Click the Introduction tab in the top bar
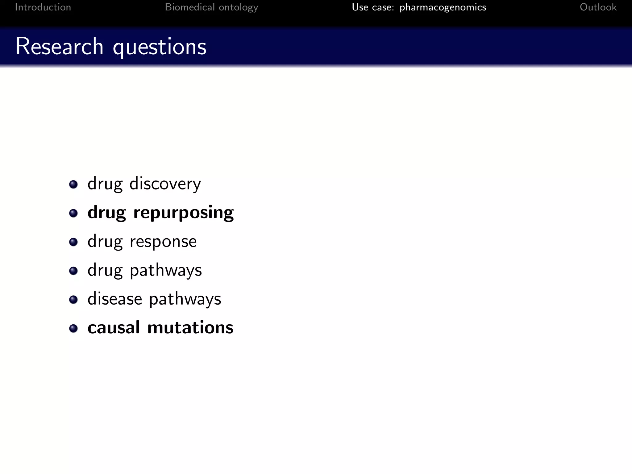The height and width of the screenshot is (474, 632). point(43,7)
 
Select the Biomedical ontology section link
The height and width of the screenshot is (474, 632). point(211,7)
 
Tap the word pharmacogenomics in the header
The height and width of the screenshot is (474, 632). point(443,7)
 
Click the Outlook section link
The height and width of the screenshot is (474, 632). point(598,7)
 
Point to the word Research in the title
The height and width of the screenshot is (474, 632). point(60,46)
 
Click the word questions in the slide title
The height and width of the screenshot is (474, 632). point(160,47)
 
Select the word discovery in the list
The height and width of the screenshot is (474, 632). point(165,184)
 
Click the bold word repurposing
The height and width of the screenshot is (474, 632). point(183,213)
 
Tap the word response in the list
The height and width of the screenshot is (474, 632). point(163,242)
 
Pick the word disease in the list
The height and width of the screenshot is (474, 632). point(115,299)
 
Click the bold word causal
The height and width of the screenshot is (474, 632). point(114,327)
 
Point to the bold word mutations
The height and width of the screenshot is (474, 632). point(190,327)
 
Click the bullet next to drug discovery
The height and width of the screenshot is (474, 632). point(73,185)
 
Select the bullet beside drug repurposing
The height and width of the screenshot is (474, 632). point(73,213)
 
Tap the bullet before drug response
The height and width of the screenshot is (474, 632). point(73,242)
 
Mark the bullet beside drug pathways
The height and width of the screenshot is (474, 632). point(73,271)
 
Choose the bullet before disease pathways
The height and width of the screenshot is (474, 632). point(73,300)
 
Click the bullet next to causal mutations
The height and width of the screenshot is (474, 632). point(73,328)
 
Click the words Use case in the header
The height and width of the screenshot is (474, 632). point(373,7)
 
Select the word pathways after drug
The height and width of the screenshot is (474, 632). point(166,271)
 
